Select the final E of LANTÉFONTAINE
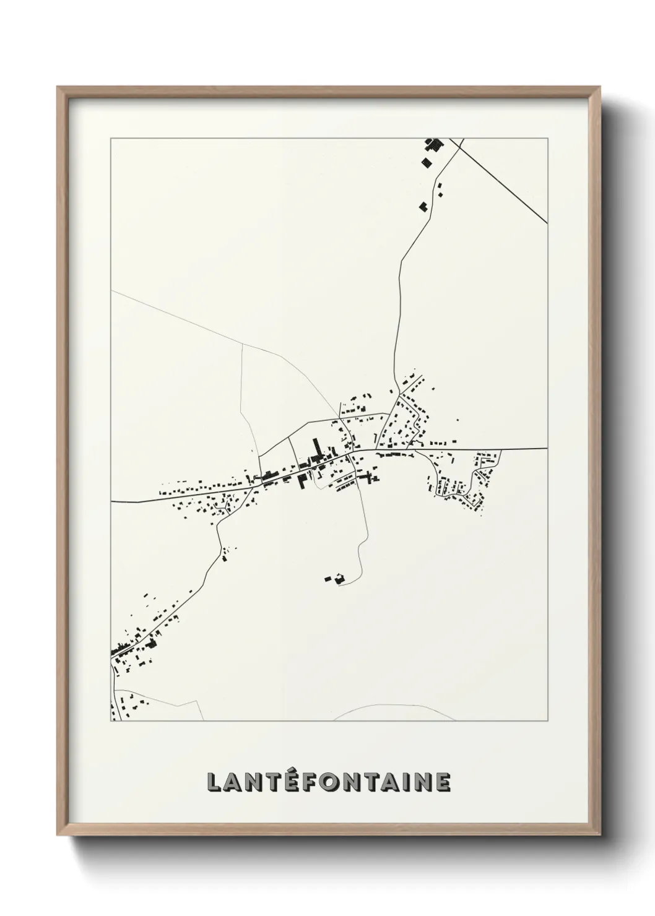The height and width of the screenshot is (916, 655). tap(443, 782)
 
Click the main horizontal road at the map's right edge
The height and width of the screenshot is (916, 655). tap(532, 448)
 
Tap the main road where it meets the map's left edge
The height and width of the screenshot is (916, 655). tap(114, 500)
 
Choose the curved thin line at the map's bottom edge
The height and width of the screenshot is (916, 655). tap(396, 707)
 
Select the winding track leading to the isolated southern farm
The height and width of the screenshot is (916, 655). tap(361, 545)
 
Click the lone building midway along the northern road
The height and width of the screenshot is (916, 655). tap(424, 206)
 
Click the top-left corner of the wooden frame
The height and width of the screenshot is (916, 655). tap(58, 87)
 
